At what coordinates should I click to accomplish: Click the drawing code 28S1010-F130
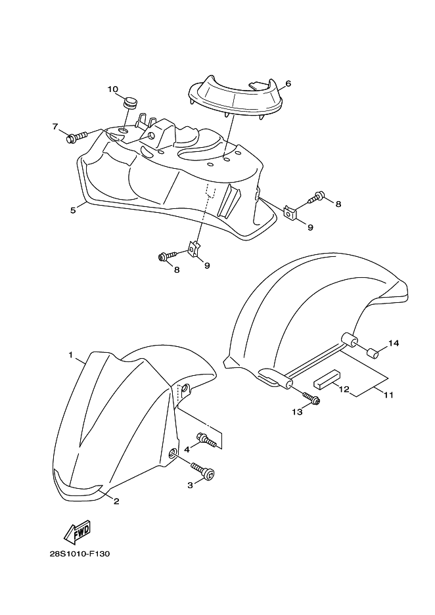pyautogui.click(x=80, y=554)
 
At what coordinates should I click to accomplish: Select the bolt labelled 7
pyautogui.click(x=77, y=137)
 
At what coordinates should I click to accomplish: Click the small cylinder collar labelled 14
pyautogui.click(x=373, y=353)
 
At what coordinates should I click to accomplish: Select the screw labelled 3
pyautogui.click(x=203, y=470)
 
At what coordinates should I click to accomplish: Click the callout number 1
pyautogui.click(x=70, y=355)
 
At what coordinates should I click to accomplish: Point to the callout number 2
pyautogui.click(x=116, y=501)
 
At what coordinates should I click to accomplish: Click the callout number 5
pyautogui.click(x=73, y=211)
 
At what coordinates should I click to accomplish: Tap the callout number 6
pyautogui.click(x=288, y=83)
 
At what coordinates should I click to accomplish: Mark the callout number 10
pyautogui.click(x=112, y=89)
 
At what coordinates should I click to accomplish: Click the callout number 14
pyautogui.click(x=394, y=343)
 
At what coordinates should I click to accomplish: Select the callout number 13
pyautogui.click(x=297, y=412)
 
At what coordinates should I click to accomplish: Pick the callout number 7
pyautogui.click(x=55, y=126)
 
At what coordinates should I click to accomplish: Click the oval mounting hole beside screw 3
pyautogui.click(x=173, y=455)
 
